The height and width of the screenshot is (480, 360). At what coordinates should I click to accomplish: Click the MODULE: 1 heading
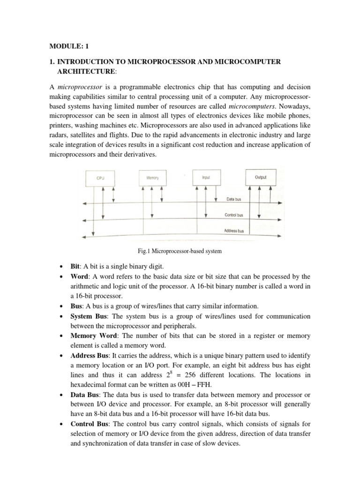click(x=68, y=47)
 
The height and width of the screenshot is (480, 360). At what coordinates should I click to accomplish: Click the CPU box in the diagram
click(x=101, y=178)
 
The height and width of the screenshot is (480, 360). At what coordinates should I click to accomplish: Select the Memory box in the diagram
click(x=153, y=178)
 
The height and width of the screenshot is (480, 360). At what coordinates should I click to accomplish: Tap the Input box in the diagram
click(x=206, y=177)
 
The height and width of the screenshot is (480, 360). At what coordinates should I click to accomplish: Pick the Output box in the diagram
click(x=260, y=177)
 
